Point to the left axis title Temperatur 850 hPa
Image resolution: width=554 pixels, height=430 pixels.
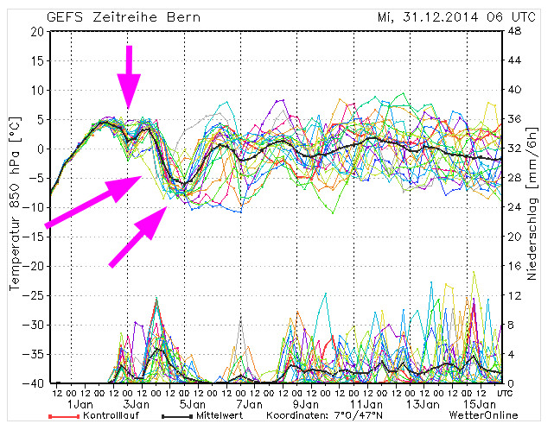[x=15, y=208]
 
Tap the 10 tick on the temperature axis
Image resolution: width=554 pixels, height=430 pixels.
[x=35, y=90]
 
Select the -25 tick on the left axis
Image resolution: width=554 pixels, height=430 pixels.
[x=31, y=295]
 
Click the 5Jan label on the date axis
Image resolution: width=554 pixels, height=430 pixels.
[x=192, y=403]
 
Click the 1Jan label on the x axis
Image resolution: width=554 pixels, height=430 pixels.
[x=80, y=403]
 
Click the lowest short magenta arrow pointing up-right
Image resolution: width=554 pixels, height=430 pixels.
[x=138, y=237]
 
